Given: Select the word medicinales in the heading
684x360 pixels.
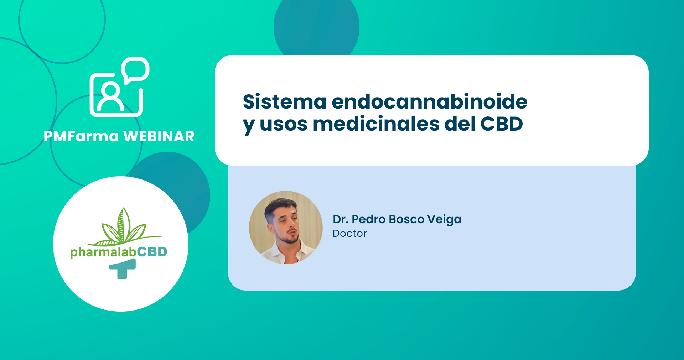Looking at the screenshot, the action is point(376,124).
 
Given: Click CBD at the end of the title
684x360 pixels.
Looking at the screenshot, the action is point(502,124).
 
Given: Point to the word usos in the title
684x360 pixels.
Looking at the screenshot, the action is point(283,126).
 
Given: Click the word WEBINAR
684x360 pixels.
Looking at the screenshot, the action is point(159,136).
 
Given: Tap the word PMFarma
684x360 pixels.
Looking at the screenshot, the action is point(81,136).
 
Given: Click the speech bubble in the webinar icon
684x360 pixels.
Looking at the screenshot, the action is point(135,70).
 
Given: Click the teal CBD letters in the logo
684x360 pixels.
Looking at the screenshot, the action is point(152,252).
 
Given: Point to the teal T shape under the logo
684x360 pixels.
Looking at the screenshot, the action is point(123,269).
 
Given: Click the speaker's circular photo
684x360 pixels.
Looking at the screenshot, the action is point(286,228).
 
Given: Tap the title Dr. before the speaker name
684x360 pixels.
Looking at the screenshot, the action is point(340,219).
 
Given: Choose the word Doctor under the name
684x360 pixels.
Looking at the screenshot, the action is point(349,234).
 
